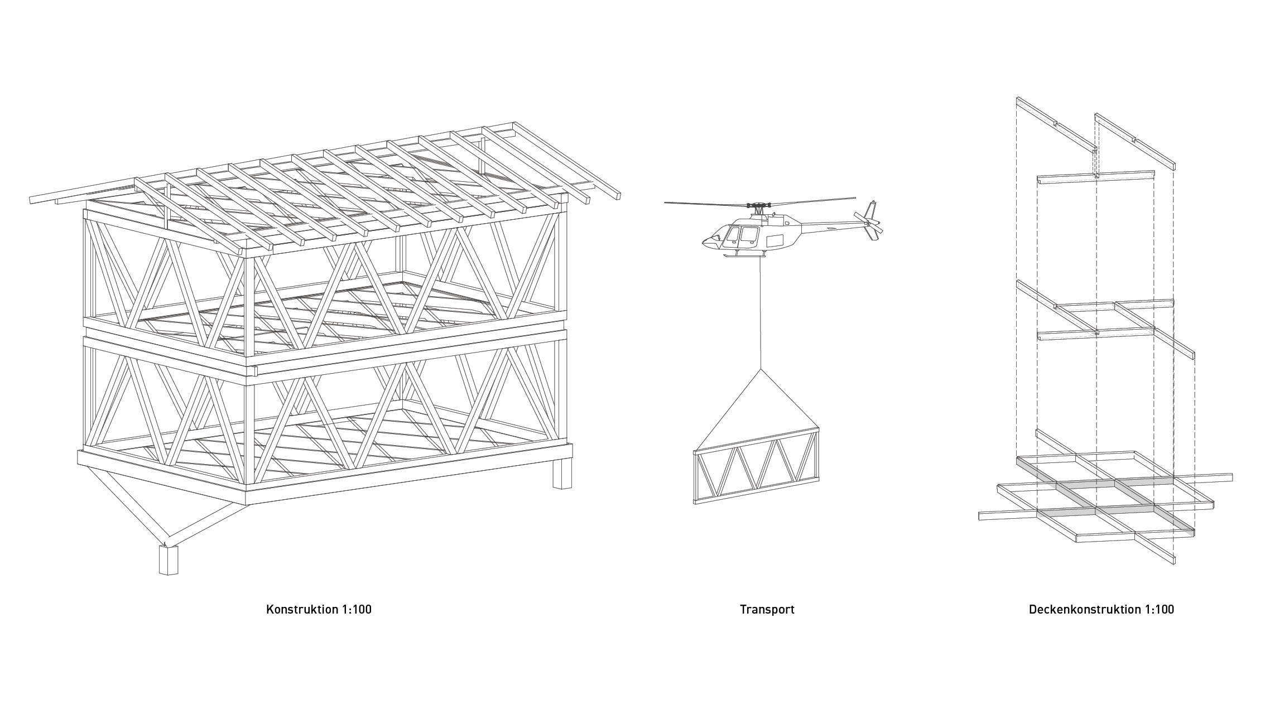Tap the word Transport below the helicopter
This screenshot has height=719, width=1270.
click(x=767, y=609)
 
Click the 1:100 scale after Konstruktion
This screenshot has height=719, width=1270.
click(x=355, y=609)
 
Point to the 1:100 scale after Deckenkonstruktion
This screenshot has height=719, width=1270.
click(x=1158, y=609)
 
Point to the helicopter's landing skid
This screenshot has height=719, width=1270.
click(x=742, y=255)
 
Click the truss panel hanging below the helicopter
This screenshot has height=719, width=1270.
click(x=757, y=466)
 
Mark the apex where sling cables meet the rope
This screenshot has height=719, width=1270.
click(x=760, y=369)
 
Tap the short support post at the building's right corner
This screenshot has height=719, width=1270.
click(x=562, y=474)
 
